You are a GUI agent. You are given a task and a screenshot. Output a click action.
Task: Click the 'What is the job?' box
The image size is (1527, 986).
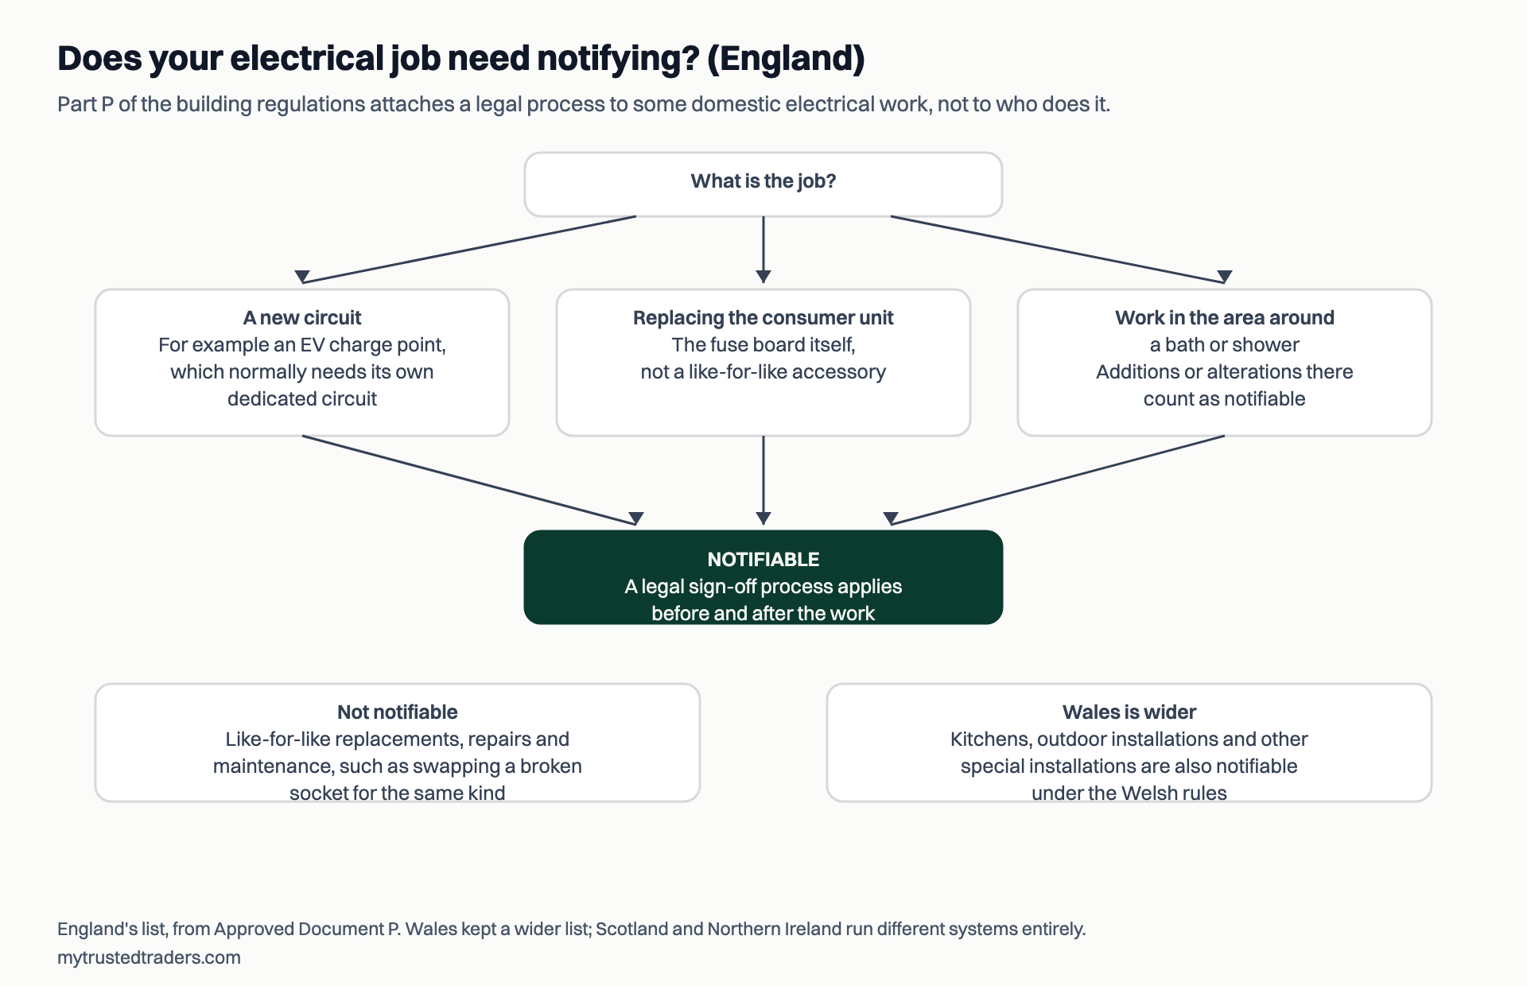coord(763,184)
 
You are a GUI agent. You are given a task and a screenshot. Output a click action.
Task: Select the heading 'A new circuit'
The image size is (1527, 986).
coord(302,318)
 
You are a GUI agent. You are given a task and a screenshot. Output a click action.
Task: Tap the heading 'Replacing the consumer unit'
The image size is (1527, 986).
coord(763,318)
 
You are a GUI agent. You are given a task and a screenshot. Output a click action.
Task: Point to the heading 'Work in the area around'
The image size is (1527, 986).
coord(1225,318)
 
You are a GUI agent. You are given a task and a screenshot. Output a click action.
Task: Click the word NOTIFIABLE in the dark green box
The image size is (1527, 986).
coord(763,560)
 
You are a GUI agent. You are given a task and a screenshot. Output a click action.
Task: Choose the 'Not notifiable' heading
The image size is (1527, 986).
coord(398,712)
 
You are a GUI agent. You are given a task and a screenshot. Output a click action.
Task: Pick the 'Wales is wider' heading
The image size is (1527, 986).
coord(1129,712)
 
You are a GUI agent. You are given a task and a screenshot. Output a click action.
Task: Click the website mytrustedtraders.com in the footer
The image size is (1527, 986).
coord(149,957)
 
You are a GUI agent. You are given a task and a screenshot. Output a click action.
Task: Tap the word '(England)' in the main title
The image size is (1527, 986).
coord(786,59)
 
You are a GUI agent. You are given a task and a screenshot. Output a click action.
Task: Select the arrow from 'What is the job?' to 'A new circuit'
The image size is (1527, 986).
coord(469,250)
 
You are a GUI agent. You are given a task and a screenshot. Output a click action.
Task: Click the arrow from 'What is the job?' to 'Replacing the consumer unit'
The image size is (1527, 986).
coord(763,250)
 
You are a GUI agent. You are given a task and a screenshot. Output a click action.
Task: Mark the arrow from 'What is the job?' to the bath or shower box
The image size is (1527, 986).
coord(1058,250)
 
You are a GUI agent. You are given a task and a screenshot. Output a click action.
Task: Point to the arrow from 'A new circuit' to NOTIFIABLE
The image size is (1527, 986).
coord(469,480)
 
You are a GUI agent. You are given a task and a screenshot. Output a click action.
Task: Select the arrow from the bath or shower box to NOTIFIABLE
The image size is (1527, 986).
coord(1058,480)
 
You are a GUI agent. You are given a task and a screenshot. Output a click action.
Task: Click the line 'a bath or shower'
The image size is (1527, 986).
coord(1225,345)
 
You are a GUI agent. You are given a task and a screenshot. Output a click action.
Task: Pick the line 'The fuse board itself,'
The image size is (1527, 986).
coord(763,345)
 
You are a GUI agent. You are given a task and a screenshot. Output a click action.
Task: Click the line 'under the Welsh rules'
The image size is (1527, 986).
coord(1129,793)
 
